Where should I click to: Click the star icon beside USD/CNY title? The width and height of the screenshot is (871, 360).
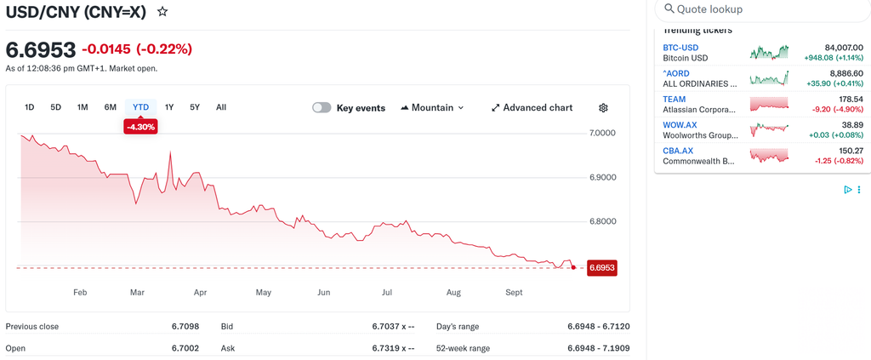[x=162, y=11]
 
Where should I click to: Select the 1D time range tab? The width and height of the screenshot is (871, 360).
[x=30, y=107]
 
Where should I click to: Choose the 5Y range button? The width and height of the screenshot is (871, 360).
[x=195, y=107]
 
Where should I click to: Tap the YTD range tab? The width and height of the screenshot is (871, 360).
[x=140, y=107]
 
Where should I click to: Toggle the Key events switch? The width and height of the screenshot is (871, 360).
[x=322, y=108]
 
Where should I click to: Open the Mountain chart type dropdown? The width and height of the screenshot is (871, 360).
[x=432, y=108]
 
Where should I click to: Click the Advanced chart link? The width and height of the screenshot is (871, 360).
[x=532, y=108]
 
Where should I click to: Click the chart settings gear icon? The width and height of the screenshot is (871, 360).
[x=604, y=108]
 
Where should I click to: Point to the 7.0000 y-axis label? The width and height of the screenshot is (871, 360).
[x=601, y=134]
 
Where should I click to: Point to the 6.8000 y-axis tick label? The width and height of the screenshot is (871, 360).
[x=601, y=221]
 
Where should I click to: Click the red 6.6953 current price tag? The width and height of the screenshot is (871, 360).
[x=601, y=268]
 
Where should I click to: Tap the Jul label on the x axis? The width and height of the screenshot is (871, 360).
[x=387, y=293]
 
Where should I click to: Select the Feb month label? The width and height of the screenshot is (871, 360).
[x=80, y=293]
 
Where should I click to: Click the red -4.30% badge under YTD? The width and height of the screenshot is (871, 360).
[x=140, y=127]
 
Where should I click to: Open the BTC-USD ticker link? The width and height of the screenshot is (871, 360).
[x=680, y=48]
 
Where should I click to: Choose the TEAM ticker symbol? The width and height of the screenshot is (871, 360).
[x=675, y=99]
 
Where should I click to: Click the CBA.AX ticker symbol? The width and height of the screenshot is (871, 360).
[x=678, y=151]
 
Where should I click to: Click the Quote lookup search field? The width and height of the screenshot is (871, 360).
[x=762, y=10]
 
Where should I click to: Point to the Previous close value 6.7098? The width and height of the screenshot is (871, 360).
[x=185, y=327]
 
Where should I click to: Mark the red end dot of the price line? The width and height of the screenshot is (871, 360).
[x=573, y=267]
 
